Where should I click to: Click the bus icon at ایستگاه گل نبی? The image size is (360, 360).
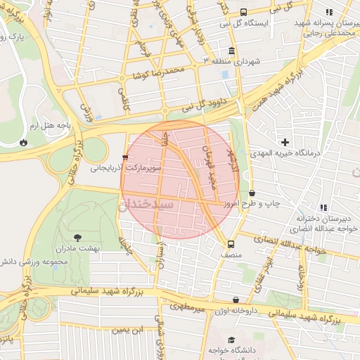(x=243, y=12)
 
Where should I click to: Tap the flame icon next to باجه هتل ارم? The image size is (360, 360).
(x=24, y=141)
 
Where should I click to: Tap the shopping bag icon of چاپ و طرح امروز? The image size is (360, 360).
(x=252, y=193)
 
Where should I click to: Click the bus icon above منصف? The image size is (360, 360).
(x=231, y=245)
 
